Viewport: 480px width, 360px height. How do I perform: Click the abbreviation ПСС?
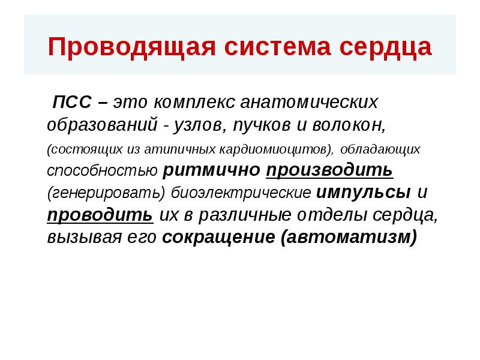pos(71,102)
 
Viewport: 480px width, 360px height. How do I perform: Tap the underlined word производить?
pos(329,170)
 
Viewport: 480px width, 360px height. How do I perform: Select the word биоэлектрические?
pos(241,193)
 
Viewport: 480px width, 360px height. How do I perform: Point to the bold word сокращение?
pos(218,238)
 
